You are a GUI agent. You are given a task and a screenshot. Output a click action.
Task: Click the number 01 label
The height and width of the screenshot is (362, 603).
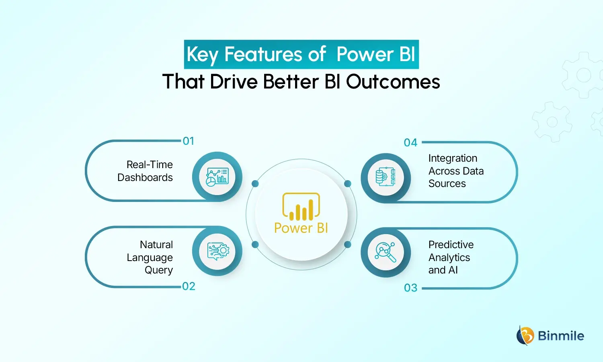[189, 141]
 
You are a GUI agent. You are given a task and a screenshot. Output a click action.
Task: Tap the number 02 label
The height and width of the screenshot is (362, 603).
[189, 286]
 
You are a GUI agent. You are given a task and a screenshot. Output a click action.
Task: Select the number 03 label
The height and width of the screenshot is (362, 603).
[410, 288]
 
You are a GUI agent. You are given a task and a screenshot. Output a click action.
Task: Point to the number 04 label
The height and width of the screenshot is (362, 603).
[410, 143]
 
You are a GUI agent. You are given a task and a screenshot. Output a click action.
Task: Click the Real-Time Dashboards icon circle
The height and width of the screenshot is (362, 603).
[217, 177]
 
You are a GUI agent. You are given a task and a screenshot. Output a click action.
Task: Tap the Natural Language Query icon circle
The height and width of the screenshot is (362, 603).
[217, 251]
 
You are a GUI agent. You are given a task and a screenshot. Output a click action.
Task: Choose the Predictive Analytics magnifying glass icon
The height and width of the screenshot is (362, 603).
[386, 252]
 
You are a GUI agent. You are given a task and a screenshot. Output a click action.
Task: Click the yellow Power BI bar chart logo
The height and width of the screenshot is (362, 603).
[301, 207]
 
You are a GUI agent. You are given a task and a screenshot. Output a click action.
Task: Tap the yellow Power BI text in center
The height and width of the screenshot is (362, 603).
[301, 228]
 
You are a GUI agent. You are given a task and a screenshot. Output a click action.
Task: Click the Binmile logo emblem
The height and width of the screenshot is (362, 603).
[525, 335]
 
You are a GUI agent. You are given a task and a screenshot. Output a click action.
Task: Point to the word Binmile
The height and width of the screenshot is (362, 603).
[561, 336]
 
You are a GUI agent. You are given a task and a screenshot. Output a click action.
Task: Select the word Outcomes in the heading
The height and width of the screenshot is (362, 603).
[393, 82]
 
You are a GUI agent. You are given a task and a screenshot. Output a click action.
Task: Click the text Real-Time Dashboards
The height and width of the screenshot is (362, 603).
[146, 171]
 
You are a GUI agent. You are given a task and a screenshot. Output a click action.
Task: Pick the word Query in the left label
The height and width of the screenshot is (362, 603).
[159, 270]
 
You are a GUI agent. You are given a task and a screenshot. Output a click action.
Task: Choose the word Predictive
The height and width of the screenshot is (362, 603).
[451, 245]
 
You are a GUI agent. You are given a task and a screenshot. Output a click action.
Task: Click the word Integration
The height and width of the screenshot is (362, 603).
[453, 158]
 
